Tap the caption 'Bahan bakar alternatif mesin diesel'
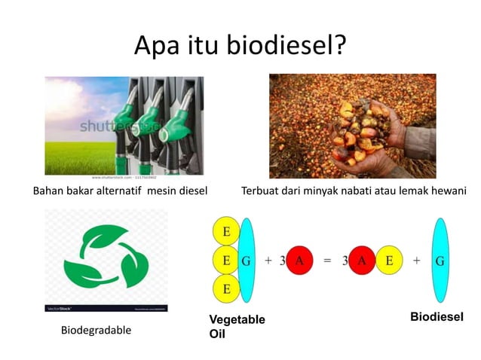point(121,190)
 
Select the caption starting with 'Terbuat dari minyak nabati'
point(354,190)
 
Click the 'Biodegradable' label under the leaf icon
point(96,331)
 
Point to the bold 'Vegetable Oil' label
point(237,326)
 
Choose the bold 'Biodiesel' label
point(436,318)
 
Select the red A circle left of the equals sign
point(299,260)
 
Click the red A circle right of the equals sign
point(361,260)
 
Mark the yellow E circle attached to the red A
point(389,260)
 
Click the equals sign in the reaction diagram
point(327,260)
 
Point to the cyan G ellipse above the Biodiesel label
point(440,260)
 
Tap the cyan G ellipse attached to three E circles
point(246,260)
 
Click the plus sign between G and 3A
point(268,260)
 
